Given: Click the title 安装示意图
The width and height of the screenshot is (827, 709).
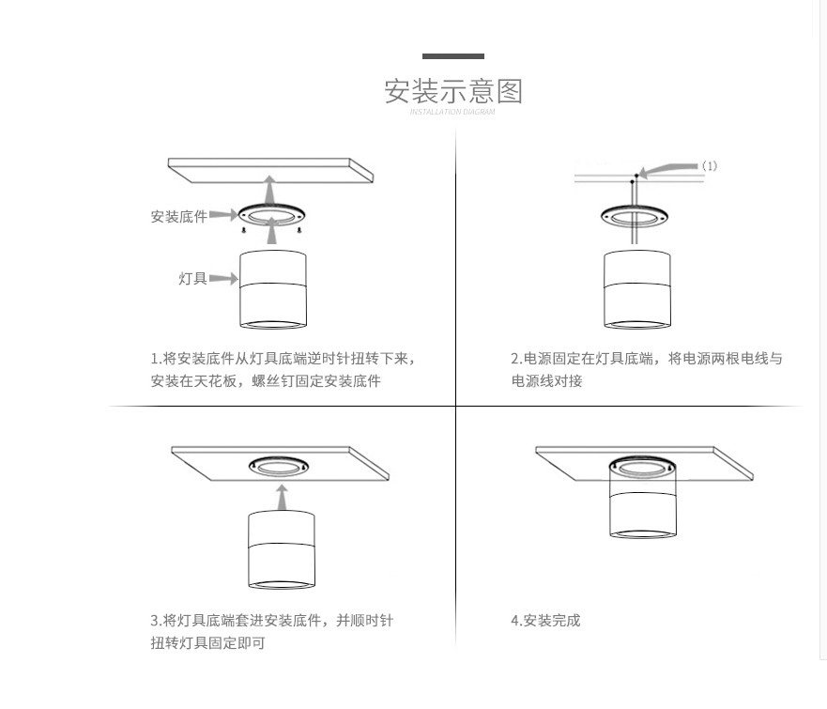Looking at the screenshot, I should point(453,91).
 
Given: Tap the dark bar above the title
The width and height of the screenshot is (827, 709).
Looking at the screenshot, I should point(453,56).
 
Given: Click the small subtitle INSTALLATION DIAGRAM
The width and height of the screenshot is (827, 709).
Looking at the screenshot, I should point(453,112).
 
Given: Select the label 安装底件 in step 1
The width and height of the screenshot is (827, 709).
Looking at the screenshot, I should point(178,216).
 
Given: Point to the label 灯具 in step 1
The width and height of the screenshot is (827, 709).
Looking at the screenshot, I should point(192,279).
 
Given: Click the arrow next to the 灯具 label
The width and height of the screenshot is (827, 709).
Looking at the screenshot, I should point(222,279).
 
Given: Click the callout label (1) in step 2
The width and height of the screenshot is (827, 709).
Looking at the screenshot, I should point(710,166).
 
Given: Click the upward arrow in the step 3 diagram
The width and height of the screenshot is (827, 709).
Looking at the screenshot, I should point(279,496).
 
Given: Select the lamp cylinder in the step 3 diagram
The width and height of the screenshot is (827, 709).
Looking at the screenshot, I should point(279,552).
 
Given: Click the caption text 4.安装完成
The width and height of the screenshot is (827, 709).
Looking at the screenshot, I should point(545,621).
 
